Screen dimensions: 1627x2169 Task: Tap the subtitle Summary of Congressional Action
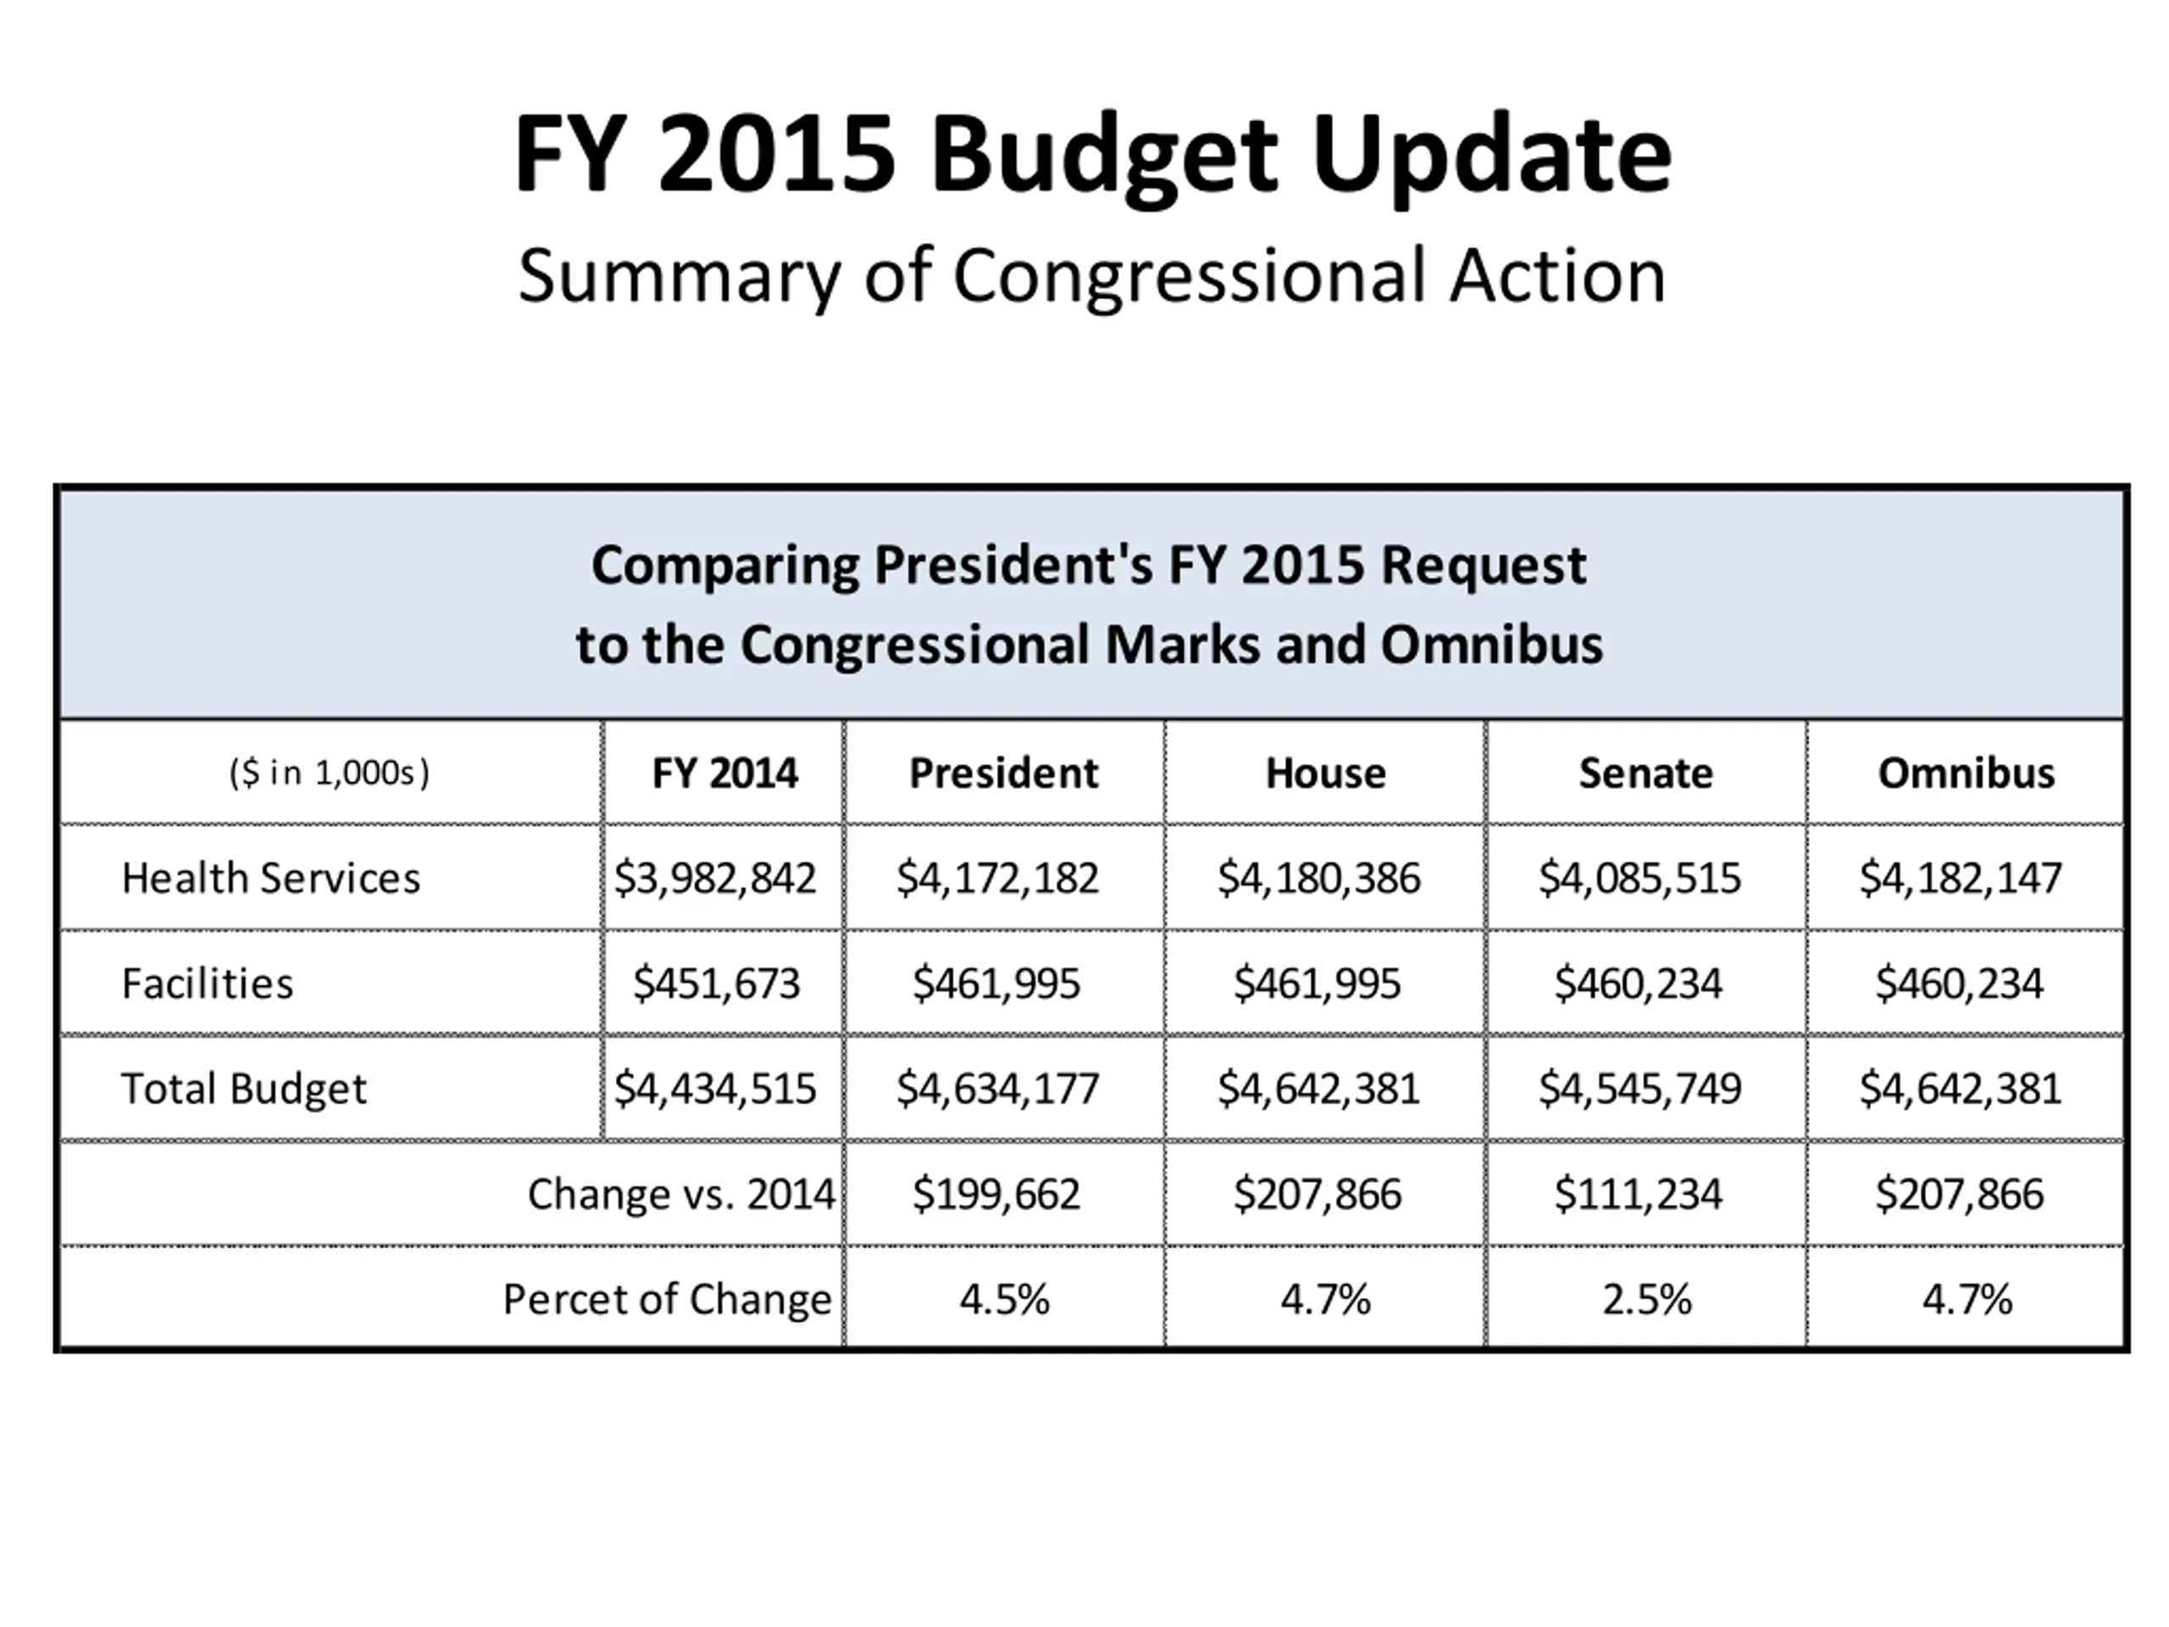(x=1091, y=276)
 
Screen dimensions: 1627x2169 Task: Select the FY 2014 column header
(x=724, y=774)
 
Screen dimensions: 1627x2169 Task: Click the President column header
(x=1003, y=774)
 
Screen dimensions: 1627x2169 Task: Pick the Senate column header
(x=1645, y=774)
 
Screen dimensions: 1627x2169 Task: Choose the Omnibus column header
(x=1965, y=774)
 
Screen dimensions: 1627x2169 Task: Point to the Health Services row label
(x=270, y=879)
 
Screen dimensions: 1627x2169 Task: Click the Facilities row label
(x=207, y=984)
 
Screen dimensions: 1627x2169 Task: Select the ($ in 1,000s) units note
(x=330, y=774)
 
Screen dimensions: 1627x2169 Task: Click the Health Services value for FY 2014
(x=715, y=879)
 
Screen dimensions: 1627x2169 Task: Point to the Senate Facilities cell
(x=1638, y=984)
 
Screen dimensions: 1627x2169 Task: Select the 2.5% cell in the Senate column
(x=1646, y=1299)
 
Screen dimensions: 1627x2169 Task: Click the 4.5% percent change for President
(x=1004, y=1299)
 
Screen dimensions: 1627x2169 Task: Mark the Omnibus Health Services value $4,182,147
(x=1960, y=879)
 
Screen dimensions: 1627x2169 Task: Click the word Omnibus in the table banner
(x=1491, y=646)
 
